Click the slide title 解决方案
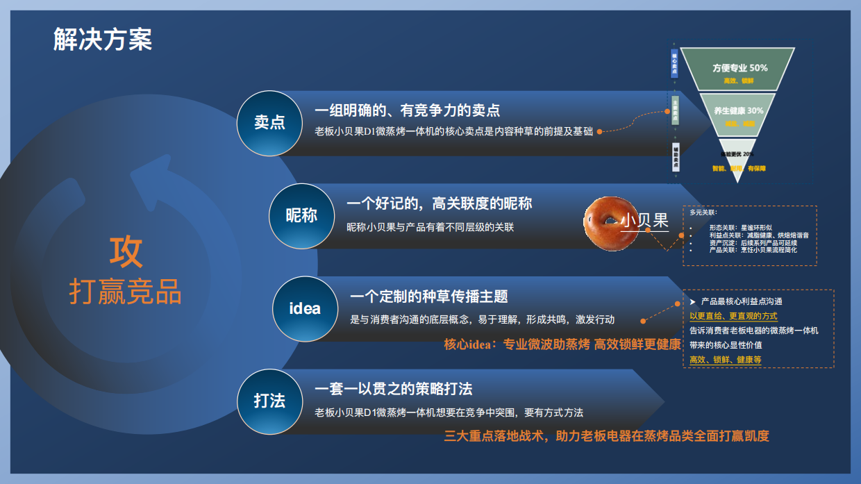point(103,40)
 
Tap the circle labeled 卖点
point(269,123)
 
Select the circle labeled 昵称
point(301,216)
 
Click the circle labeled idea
point(305,308)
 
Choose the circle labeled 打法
point(269,401)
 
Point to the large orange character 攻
point(126,251)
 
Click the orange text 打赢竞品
point(126,292)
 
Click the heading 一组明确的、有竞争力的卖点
point(407,110)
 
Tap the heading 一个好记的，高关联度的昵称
point(439,203)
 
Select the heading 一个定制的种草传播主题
point(428,297)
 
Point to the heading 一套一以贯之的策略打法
point(393,389)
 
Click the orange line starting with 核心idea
point(562,344)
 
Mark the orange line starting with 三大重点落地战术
point(606,436)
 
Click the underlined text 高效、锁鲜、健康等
point(725,360)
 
